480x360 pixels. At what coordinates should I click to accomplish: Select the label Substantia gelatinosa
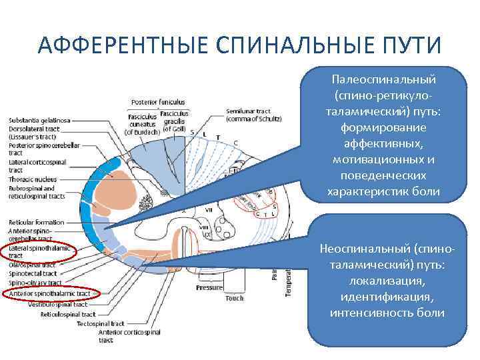coord(39,120)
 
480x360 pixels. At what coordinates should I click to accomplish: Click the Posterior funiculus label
coord(158,102)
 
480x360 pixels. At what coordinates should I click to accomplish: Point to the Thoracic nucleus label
coord(31,179)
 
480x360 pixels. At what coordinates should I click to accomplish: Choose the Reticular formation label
coord(36,222)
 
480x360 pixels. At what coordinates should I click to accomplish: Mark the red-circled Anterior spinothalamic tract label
coord(51,293)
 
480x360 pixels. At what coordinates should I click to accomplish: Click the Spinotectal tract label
coord(33,273)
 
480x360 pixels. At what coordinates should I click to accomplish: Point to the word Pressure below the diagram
coord(209,287)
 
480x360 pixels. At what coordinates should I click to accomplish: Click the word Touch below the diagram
coord(234,298)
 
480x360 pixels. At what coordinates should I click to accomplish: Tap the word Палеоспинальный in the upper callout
coord(383,79)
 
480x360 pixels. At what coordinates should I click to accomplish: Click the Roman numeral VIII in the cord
coord(207,225)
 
